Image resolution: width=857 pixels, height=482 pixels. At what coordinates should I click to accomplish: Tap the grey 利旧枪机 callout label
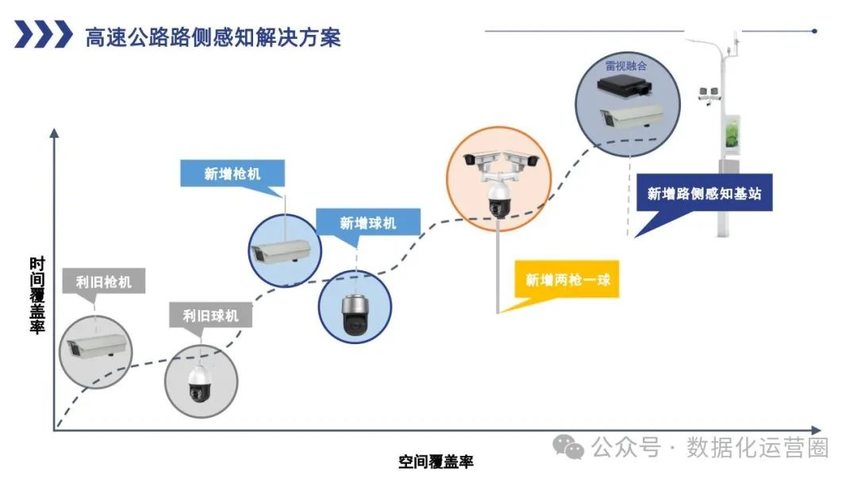104,281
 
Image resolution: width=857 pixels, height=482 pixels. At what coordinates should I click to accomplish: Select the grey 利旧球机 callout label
210,316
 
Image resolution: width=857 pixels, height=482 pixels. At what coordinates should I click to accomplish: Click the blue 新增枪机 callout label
232,174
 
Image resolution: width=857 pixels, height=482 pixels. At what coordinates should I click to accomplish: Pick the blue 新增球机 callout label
367,223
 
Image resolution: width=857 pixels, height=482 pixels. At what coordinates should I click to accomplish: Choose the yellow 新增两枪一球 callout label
567,279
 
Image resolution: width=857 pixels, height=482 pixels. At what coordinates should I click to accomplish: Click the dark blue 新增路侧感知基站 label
703,193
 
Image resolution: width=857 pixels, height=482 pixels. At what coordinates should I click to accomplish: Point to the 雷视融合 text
626,66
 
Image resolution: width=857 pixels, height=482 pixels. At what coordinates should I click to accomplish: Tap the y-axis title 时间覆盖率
37,295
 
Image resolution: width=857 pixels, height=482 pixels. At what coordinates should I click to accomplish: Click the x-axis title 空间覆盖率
436,461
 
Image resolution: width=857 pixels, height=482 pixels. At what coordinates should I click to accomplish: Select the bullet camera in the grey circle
94,348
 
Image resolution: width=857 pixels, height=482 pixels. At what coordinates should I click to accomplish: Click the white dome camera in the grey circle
198,383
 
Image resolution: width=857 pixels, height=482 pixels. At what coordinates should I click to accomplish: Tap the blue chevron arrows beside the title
43,36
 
